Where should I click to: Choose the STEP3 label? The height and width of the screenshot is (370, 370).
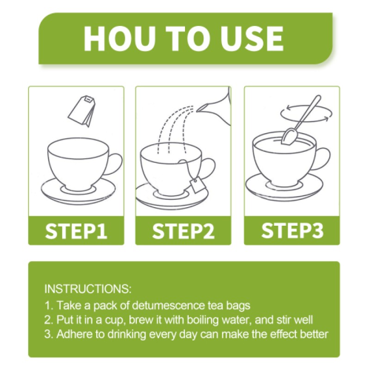tap(292, 230)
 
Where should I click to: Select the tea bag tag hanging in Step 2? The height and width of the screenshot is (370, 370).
tap(198, 187)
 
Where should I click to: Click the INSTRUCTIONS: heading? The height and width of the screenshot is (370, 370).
tap(88, 290)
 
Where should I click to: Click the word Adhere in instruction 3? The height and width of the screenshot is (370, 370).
tap(73, 334)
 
